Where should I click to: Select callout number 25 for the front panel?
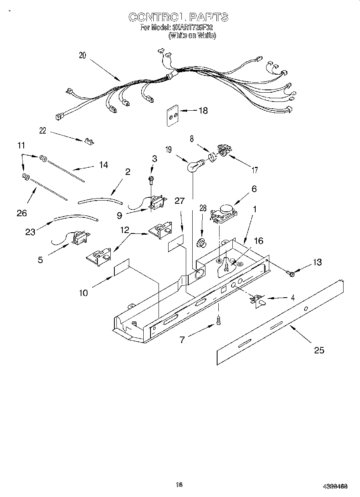click(x=319, y=350)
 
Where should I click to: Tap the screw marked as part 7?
click(x=219, y=321)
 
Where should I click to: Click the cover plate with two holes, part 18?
click(x=173, y=116)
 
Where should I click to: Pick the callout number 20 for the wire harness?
click(x=82, y=56)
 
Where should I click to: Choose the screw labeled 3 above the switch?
click(x=152, y=180)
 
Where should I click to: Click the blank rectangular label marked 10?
click(x=122, y=268)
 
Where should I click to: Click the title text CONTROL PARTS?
click(x=178, y=17)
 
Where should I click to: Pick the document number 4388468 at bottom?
click(x=335, y=486)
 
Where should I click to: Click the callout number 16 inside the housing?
click(x=258, y=241)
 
